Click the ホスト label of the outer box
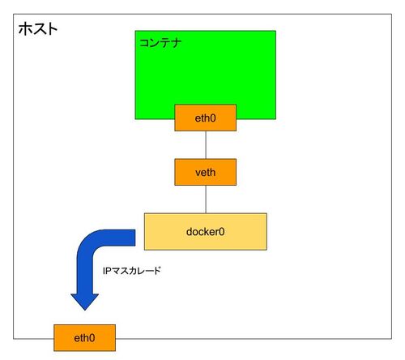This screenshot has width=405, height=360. pos(38,28)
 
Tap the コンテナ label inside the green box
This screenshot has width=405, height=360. pos(160,43)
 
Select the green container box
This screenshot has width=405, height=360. pos(206,75)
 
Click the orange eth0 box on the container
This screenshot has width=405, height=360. pos(206,118)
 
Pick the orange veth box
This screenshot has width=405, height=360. pos(206,172)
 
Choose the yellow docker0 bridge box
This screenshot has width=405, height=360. pos(206,232)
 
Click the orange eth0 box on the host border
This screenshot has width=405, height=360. pos(84,338)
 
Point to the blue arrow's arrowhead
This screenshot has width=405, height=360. pos(85,302)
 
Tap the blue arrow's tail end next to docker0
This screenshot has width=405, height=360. pos(134,238)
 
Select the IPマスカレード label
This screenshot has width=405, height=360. pos(132,271)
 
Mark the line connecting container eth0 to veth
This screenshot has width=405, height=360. pos(206,145)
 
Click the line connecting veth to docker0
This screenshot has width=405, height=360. pos(206,199)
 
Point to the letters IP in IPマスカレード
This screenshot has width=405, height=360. pos(106,271)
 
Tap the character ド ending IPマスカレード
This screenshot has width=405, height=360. pos(157,271)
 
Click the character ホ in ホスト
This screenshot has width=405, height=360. pos(25,28)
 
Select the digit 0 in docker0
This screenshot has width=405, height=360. pos(222,232)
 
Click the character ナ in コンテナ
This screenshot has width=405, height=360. pos(176,43)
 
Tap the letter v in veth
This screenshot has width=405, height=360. pos(198,173)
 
